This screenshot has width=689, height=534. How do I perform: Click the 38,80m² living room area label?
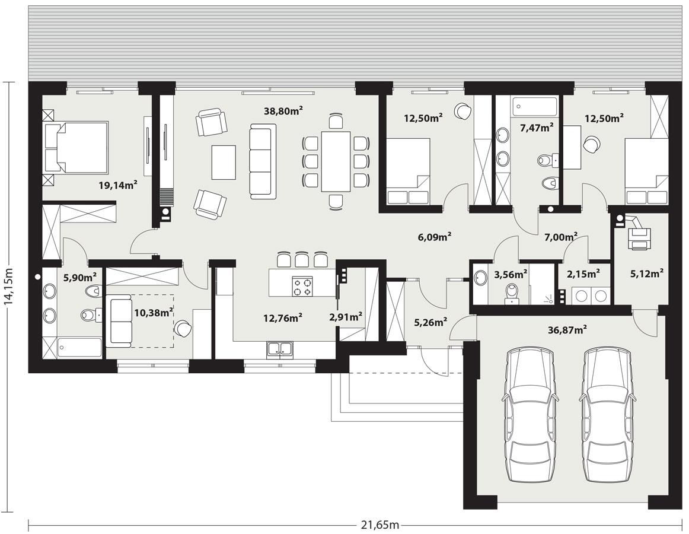pos(283,110)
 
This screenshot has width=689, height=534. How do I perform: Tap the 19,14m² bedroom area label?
pos(118,185)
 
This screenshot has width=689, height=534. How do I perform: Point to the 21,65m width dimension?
pos(380,525)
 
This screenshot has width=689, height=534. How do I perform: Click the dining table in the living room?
pos(336,161)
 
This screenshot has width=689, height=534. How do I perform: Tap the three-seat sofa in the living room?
pos(263,161)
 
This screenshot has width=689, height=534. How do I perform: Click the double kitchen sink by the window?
pos(279,349)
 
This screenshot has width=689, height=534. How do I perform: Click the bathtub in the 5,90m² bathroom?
pos(79,348)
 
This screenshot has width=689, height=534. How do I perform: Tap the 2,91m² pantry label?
pos(346,317)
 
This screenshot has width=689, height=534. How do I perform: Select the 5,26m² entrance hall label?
pos(430,323)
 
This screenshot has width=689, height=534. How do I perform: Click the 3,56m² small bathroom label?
pos(511,274)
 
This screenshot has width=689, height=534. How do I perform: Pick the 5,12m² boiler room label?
pos(646,274)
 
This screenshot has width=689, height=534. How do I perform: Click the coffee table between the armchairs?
pos(223,162)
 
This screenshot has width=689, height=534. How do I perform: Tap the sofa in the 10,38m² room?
pos(119,322)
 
